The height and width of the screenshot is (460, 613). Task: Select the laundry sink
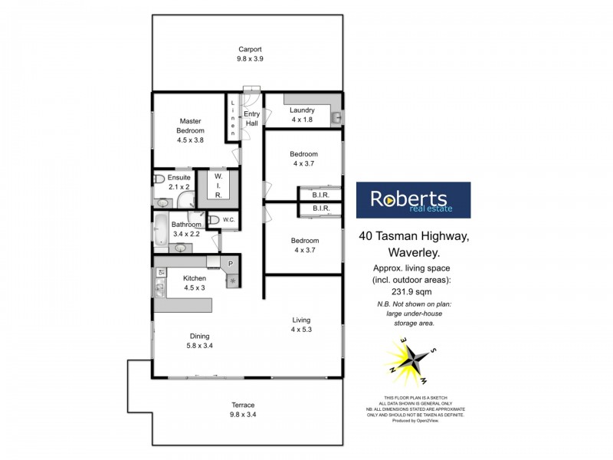pos(336,117)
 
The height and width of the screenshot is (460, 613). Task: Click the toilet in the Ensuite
pos(159,179)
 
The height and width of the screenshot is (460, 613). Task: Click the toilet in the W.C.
pos(214,221)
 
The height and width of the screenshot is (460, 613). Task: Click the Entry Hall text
pos(251,119)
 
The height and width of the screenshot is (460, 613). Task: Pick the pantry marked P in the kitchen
pos(231,263)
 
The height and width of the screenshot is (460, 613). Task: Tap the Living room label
pos(301,320)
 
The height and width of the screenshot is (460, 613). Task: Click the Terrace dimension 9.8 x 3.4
pos(244,415)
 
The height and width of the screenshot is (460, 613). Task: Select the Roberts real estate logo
pos(413,200)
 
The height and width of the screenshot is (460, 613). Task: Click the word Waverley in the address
pos(412,251)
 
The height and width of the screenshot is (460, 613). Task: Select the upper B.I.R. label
pos(320,195)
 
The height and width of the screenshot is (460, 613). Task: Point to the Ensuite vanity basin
pos(163,203)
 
